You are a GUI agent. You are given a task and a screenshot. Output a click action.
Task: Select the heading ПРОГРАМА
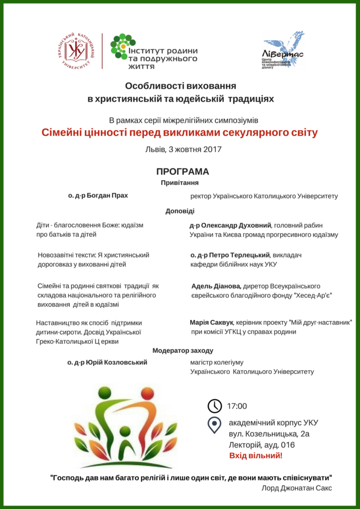click(x=182, y=171)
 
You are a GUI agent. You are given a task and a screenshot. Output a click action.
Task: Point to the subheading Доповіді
click(x=180, y=211)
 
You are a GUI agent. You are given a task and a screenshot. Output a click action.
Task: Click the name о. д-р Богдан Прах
click(x=98, y=195)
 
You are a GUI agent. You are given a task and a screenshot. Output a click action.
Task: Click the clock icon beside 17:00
click(x=214, y=406)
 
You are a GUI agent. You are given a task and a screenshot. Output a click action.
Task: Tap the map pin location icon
click(x=214, y=425)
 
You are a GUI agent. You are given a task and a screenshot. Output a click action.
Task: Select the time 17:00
click(x=237, y=406)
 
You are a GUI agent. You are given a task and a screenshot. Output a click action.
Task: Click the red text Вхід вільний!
click(x=256, y=455)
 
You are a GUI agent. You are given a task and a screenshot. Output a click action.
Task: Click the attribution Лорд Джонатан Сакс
click(x=296, y=488)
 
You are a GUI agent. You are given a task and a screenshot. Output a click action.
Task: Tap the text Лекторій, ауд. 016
click(x=262, y=444)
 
